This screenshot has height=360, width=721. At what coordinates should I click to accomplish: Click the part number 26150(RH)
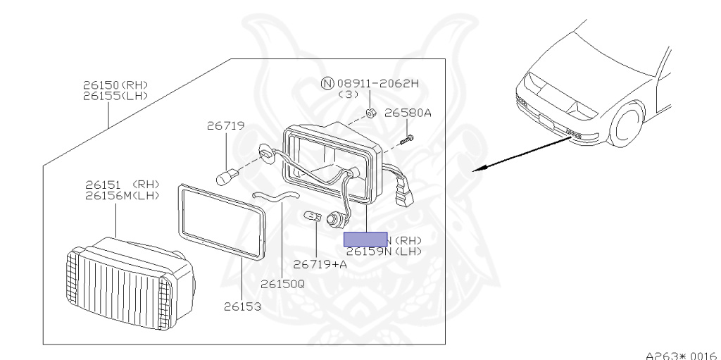click(x=115, y=85)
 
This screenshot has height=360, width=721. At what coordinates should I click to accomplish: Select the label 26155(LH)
click(x=115, y=95)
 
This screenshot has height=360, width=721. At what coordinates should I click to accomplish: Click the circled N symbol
click(x=326, y=83)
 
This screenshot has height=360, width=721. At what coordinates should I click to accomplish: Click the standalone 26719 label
click(x=225, y=126)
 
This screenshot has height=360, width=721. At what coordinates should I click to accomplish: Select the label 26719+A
click(x=320, y=264)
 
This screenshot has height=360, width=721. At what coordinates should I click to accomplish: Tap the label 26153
click(x=243, y=306)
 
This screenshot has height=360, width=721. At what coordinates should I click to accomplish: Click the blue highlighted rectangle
click(x=365, y=240)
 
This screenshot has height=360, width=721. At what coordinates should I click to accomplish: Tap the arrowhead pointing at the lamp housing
click(x=476, y=170)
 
